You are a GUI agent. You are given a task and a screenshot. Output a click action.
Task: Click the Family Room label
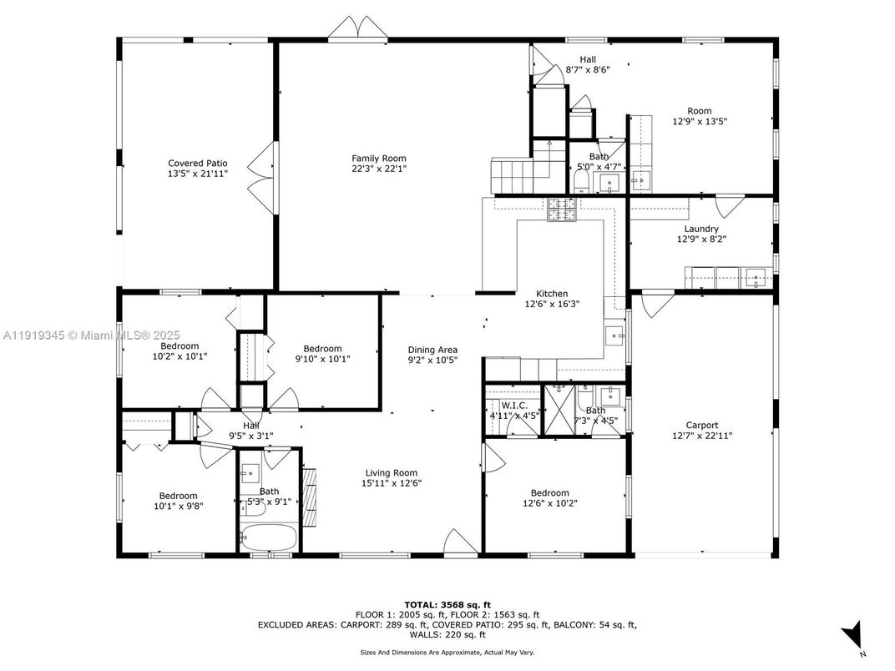[378, 159]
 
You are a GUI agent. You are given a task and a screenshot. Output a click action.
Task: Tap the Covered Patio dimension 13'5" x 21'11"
[197, 174]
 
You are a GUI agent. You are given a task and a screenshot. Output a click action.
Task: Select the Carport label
[701, 425]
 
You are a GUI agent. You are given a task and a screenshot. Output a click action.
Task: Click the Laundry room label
[701, 229]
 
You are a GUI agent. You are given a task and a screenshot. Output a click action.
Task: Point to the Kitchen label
[551, 294]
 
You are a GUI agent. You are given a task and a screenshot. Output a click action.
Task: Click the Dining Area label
[432, 350]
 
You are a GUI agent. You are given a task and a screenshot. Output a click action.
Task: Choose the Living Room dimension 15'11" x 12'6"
[391, 483]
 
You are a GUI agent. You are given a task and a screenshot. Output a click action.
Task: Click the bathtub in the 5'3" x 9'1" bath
[267, 537]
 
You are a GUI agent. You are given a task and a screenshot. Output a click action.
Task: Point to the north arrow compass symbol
[854, 635]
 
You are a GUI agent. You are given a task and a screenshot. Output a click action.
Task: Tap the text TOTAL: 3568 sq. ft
[447, 603]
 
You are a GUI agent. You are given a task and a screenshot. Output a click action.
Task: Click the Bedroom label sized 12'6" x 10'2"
[545, 492]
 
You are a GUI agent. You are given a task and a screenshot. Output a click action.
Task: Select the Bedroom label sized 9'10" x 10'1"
[322, 349]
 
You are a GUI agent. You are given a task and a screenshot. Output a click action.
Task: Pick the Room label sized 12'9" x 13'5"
[699, 111]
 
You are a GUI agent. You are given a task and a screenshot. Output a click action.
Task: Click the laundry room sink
[757, 277]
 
